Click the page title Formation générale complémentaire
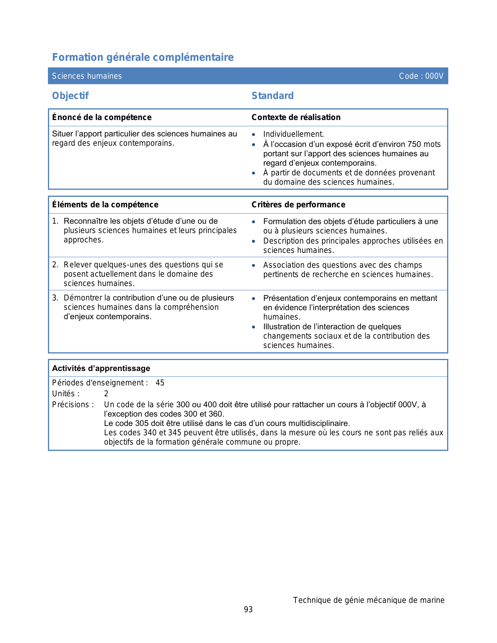143,57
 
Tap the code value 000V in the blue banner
434,76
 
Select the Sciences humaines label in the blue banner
87,76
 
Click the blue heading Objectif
71,95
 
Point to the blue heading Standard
272,95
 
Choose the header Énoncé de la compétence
102,117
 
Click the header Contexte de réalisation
296,117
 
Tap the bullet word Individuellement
294,134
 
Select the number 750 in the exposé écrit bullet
414,144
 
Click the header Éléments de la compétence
105,205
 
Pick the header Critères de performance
298,205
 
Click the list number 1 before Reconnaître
55,221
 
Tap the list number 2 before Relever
55,265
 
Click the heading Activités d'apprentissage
101,368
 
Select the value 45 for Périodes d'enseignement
160,383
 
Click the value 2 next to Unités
106,394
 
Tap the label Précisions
73,405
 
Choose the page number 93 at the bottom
248,609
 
